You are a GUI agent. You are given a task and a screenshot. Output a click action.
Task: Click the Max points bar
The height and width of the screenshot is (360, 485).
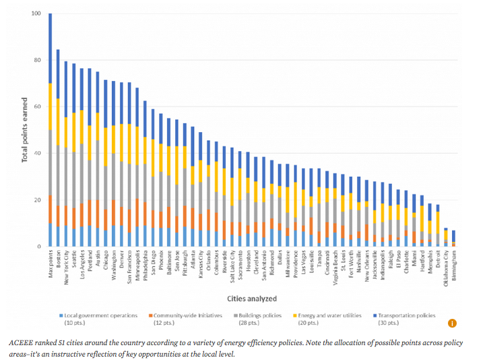pyautogui.click(x=50, y=135)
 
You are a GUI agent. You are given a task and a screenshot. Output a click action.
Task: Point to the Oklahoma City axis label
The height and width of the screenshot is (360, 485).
pyautogui.click(x=445, y=268)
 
